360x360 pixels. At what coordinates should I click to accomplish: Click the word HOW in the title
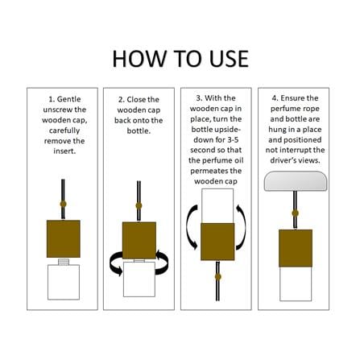click(139, 59)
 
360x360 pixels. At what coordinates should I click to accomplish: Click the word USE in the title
click(229, 59)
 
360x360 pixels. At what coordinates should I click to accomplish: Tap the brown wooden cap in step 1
click(64, 238)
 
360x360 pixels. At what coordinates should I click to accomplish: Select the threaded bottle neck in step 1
click(64, 262)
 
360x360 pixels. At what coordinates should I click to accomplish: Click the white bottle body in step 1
click(64, 282)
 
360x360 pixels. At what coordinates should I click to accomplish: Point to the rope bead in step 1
click(63, 204)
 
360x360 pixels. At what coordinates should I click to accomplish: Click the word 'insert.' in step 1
click(64, 151)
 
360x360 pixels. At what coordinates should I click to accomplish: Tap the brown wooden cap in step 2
click(139, 240)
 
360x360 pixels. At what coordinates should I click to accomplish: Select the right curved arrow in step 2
click(163, 262)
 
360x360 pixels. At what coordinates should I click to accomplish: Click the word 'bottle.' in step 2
click(139, 131)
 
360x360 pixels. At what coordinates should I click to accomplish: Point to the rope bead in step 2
click(139, 205)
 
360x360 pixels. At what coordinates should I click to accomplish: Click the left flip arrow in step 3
click(189, 227)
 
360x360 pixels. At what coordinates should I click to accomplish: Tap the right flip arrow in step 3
click(243, 227)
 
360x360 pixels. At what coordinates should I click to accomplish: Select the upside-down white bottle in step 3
click(217, 206)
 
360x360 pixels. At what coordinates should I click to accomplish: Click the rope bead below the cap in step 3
click(218, 277)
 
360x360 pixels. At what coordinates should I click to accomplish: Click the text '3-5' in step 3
click(232, 139)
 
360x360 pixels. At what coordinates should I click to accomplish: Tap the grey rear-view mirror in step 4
click(296, 181)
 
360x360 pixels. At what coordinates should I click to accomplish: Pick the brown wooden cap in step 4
click(296, 248)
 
